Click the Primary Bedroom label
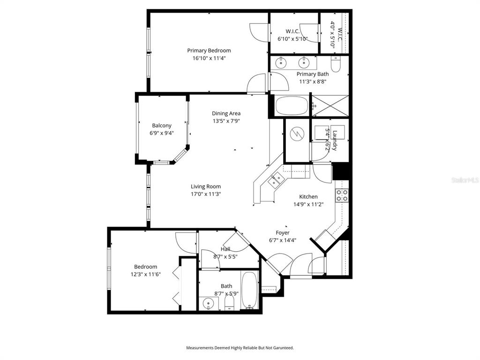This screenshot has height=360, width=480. (x=209, y=51)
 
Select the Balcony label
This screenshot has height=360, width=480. (x=162, y=126)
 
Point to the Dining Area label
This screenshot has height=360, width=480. (x=226, y=113)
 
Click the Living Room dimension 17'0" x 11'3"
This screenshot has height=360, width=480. (x=206, y=194)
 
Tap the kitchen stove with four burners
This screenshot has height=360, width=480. (x=342, y=195)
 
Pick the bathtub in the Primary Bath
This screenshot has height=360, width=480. (x=291, y=106)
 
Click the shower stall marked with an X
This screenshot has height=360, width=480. (x=330, y=106)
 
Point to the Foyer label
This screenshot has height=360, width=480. (x=283, y=233)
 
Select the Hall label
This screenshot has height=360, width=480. (x=225, y=249)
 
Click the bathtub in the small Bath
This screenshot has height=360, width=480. (x=249, y=291)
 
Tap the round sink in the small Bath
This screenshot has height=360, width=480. (x=208, y=304)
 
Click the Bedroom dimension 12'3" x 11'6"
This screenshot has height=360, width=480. (x=145, y=275)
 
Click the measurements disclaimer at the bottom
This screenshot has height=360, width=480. (x=240, y=348)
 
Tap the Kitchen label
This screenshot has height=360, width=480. (x=308, y=197)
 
